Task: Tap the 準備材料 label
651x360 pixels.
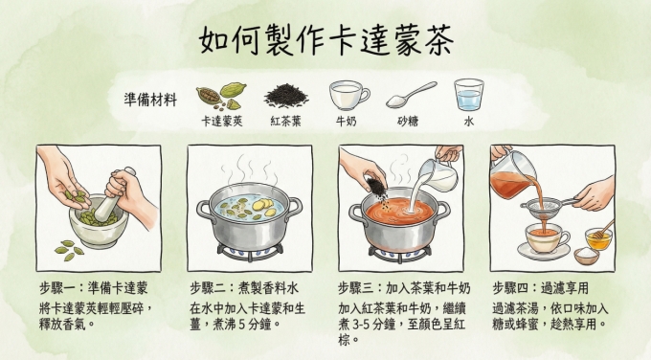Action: pos(151,100)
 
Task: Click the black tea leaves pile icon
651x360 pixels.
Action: pos(285,95)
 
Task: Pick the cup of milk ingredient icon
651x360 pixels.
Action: pos(348,95)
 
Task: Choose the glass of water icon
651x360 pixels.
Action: pos(469,95)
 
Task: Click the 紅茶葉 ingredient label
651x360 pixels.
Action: pos(285,123)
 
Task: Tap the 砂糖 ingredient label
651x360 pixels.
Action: pos(410,123)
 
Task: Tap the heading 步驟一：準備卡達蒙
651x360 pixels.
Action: pos(94,287)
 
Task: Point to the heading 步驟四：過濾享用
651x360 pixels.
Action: pos(540,287)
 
